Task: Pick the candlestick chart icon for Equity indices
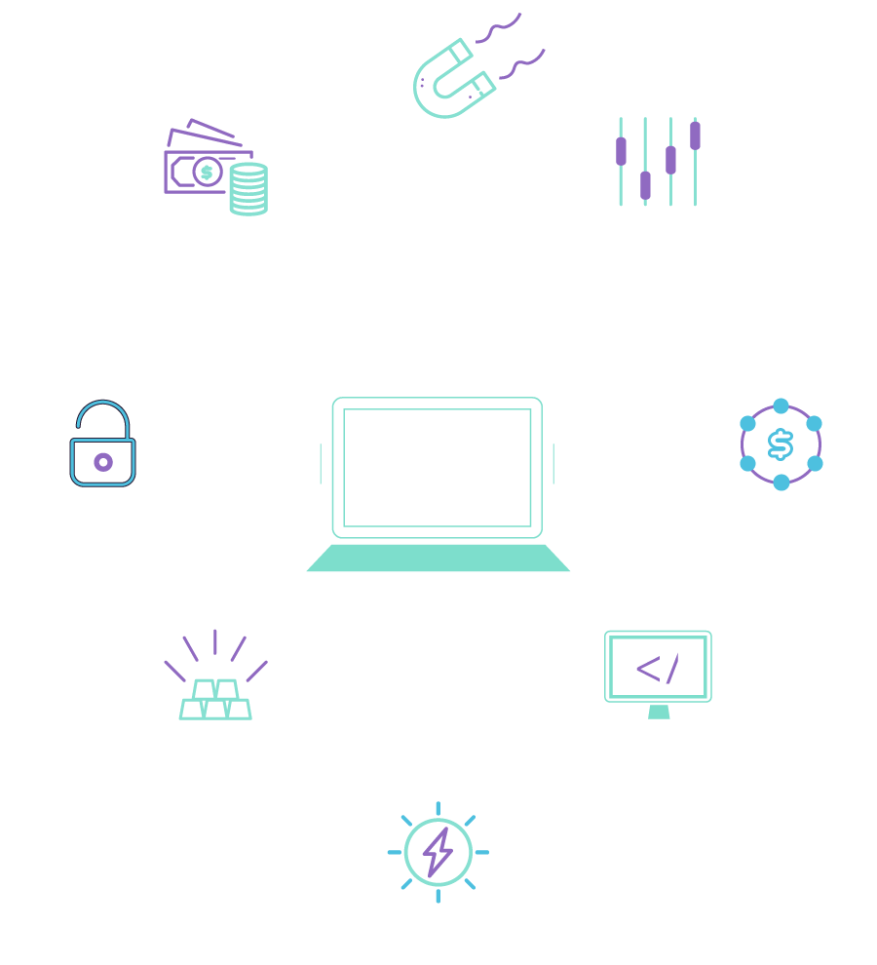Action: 658,162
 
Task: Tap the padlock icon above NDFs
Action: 102,444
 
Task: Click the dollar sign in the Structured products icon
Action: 781,444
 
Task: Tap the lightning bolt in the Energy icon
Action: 438,851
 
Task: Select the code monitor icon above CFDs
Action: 658,671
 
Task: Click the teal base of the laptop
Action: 438,559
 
